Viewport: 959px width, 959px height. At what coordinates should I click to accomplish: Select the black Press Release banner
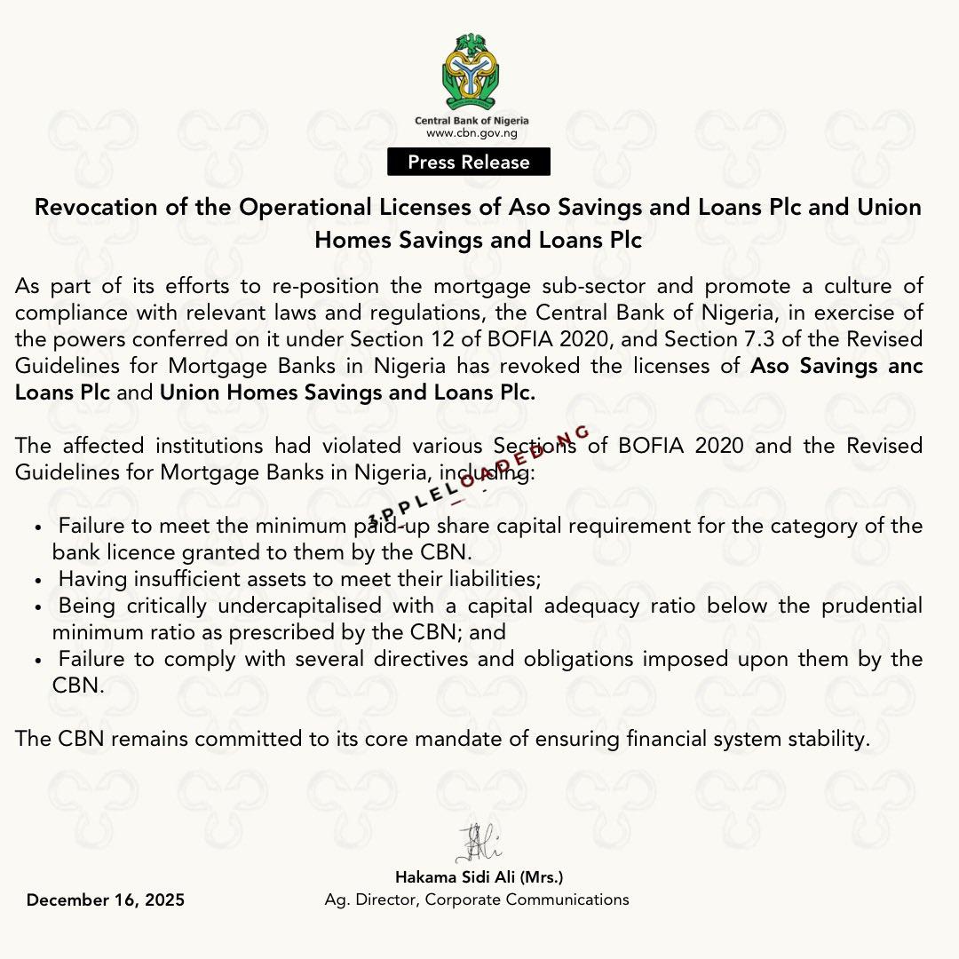click(x=469, y=162)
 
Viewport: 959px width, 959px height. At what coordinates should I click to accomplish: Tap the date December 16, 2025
click(x=106, y=900)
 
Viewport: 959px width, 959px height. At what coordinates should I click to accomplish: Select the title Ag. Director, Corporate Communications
click(x=477, y=900)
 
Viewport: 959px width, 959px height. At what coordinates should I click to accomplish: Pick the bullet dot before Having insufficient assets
click(x=37, y=581)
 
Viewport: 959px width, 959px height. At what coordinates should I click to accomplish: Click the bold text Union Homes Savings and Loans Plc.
click(x=348, y=392)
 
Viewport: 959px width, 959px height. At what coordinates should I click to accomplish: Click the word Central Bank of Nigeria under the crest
click(x=472, y=120)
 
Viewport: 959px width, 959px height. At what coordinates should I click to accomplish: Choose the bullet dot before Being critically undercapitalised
click(x=37, y=607)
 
